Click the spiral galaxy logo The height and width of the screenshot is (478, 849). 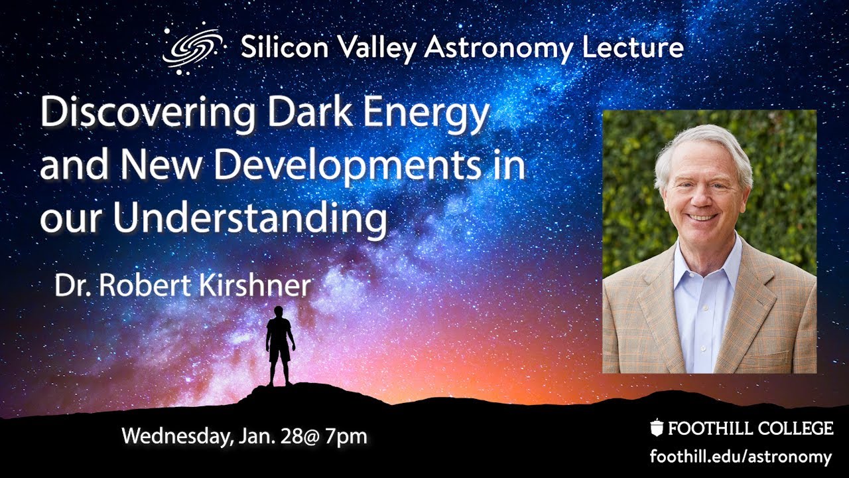191,48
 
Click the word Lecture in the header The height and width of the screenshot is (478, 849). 637,48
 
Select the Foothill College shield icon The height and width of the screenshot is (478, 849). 657,428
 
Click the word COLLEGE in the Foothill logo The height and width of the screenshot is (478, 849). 795,428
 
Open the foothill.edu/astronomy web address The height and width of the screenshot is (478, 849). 740,457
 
